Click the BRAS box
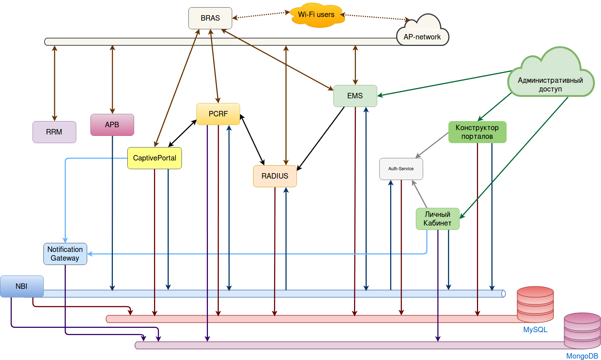click(210, 18)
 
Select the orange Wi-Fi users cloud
click(317, 15)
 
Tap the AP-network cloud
click(422, 34)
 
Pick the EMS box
click(355, 96)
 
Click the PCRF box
click(218, 114)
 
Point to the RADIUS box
click(275, 176)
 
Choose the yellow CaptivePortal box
click(154, 158)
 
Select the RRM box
click(54, 132)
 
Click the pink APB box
click(112, 125)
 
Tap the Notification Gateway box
click(65, 254)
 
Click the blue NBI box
click(22, 286)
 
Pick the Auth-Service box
click(401, 169)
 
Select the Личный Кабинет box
click(438, 219)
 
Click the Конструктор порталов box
click(477, 132)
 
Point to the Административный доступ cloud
click(551, 81)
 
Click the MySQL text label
click(535, 330)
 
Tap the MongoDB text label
click(582, 356)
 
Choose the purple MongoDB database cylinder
click(582, 331)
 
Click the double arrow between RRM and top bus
click(55, 83)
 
